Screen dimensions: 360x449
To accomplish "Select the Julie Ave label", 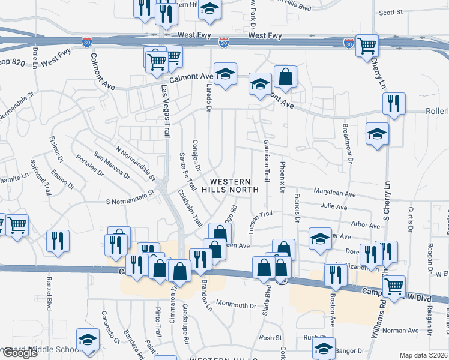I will pyautogui.click(x=334, y=207).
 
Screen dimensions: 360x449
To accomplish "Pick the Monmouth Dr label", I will pyautogui.click(x=236, y=305).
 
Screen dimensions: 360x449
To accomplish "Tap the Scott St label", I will pyautogui.click(x=391, y=12).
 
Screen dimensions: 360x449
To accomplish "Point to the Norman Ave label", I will pyautogui.click(x=400, y=331).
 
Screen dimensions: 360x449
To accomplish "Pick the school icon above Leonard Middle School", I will pyautogui.click(x=88, y=339).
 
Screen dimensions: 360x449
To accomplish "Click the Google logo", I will pyautogui.click(x=20, y=353).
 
